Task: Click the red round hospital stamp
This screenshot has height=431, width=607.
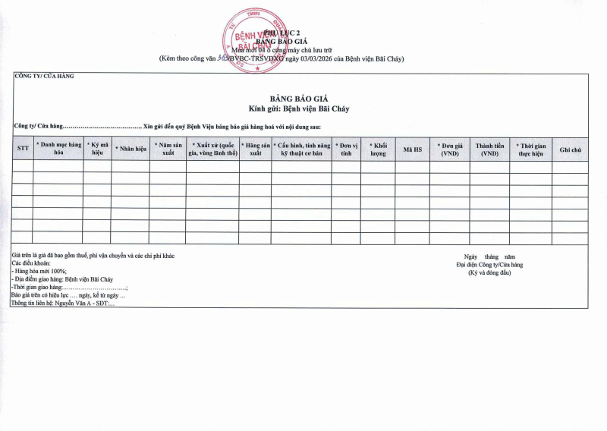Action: (x=256, y=40)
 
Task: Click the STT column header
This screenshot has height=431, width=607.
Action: (x=23, y=149)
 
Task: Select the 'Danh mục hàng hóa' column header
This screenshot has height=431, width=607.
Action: (x=58, y=148)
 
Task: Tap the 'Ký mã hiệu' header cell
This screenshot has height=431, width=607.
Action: (x=97, y=148)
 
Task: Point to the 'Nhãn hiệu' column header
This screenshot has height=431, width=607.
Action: (x=131, y=149)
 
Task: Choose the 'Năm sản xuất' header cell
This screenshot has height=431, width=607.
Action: (x=168, y=148)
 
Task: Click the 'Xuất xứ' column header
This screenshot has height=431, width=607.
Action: (x=213, y=148)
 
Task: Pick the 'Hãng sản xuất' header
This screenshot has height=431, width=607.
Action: (x=256, y=148)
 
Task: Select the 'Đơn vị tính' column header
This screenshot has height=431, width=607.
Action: (x=346, y=148)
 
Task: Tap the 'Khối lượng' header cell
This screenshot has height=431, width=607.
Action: (x=378, y=148)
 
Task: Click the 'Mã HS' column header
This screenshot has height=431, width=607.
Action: (x=413, y=149)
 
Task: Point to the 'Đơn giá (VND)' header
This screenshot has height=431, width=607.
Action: (x=450, y=148)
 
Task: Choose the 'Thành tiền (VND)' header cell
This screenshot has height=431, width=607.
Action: (x=489, y=148)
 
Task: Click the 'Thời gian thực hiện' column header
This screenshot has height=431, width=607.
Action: (x=530, y=148)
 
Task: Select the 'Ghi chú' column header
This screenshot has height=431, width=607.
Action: (x=570, y=149)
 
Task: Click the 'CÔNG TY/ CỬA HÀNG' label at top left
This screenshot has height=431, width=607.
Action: (x=44, y=76)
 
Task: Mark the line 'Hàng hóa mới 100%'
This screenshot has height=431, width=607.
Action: (x=41, y=271)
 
